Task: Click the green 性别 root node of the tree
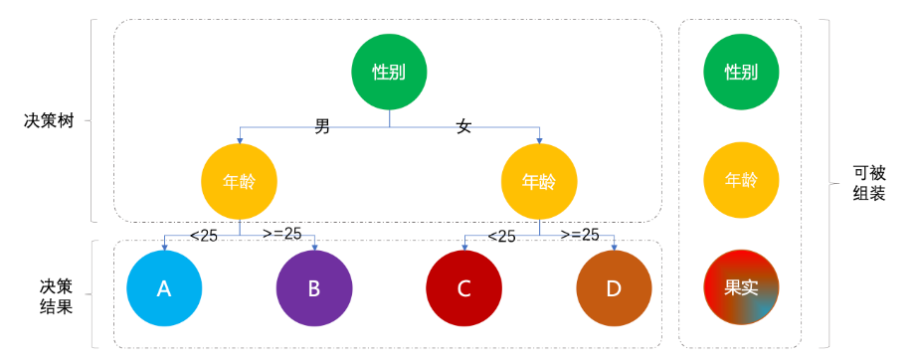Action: coord(389,72)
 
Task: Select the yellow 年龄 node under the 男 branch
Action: coord(239,182)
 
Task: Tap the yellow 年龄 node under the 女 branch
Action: coord(539,182)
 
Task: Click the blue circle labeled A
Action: coord(164,288)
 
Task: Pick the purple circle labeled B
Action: coord(313,288)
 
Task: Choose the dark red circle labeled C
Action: coord(463,288)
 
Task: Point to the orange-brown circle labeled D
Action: coord(614,288)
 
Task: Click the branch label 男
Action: coord(322,126)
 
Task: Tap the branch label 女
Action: coord(463,126)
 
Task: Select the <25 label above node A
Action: coord(203,236)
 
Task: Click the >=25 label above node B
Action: coord(281,235)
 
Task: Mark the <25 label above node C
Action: coord(501,236)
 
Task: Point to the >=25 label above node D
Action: coord(580,235)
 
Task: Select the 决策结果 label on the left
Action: coord(50,295)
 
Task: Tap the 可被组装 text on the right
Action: coord(868,183)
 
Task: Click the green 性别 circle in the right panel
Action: coord(740,72)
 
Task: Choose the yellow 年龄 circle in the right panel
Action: coord(740,181)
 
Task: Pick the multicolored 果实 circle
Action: coord(740,287)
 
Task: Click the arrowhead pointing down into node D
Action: coord(614,247)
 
